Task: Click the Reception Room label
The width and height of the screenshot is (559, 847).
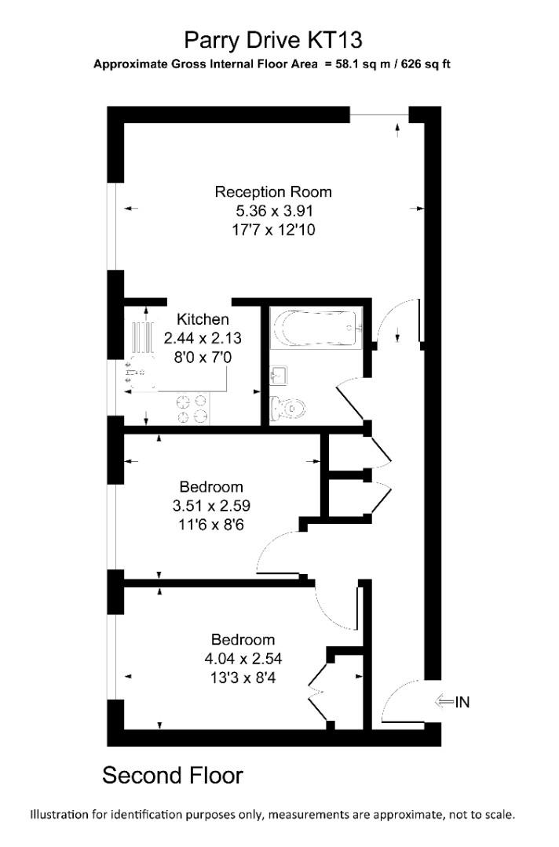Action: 273,192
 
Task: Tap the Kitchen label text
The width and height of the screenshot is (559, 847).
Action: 203,319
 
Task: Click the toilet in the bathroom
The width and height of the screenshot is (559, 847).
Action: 287,408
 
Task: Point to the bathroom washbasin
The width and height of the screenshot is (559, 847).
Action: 279,375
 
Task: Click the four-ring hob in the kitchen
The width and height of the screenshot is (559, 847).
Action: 192,409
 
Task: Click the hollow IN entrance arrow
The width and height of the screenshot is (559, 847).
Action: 444,702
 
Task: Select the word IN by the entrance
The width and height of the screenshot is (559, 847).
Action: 462,702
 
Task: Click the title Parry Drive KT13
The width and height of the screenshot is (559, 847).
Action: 273,41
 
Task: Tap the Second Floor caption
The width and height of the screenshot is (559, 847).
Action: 173,776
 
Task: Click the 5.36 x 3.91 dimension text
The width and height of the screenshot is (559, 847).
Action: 273,211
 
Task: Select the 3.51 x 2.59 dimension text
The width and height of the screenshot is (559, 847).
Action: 211,506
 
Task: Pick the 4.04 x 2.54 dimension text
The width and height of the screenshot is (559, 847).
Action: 243,659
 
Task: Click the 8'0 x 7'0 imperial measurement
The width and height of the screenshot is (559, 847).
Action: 203,357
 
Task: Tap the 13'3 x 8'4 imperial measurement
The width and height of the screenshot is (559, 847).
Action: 243,678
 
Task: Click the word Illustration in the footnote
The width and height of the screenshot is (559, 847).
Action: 59,815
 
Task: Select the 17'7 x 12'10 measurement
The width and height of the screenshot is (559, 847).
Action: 273,230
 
